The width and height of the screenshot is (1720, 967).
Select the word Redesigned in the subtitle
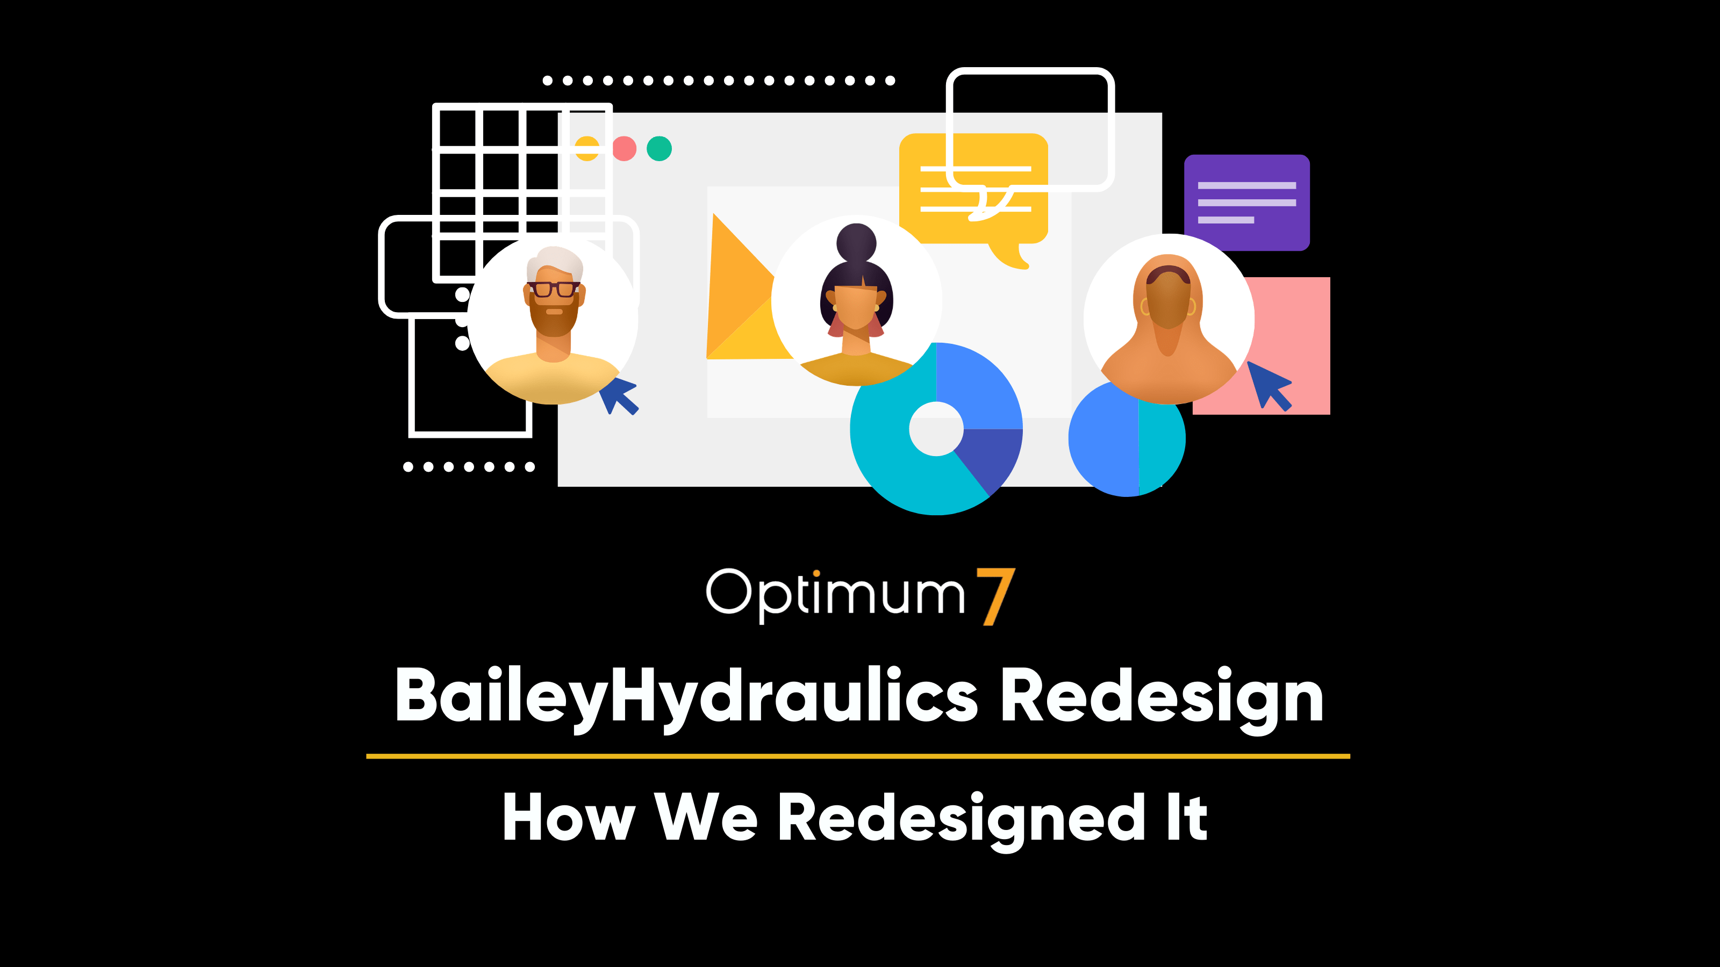click(962, 819)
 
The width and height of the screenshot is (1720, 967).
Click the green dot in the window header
click(659, 148)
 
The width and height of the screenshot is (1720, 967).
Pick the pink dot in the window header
click(624, 148)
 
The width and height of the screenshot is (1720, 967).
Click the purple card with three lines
click(1246, 202)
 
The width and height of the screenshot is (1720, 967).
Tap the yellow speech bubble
click(973, 193)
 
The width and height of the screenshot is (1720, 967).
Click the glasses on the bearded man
click(554, 289)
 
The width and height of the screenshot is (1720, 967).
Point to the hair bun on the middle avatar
click(856, 242)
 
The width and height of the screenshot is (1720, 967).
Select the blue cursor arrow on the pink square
click(1270, 386)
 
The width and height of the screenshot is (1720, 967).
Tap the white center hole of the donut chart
click(936, 429)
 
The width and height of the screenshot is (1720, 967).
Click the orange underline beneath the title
click(858, 756)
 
